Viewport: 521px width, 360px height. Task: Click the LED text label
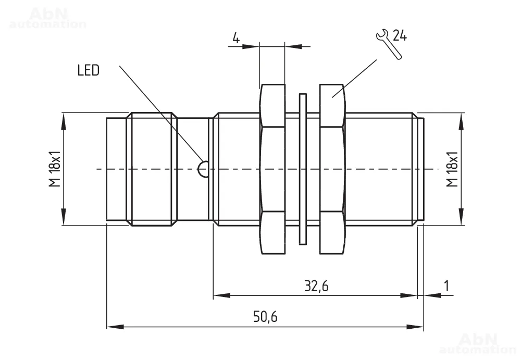click(x=88, y=70)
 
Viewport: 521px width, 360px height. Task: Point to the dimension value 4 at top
click(x=235, y=39)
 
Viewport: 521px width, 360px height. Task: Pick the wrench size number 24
click(x=400, y=36)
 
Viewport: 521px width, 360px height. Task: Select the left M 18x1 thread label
click(x=55, y=169)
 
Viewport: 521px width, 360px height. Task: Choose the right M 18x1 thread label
click(x=452, y=169)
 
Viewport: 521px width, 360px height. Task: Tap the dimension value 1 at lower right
click(x=446, y=285)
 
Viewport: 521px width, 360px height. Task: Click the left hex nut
click(x=272, y=169)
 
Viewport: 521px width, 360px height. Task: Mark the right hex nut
click(x=332, y=169)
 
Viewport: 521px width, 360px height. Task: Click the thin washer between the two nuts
click(x=302, y=169)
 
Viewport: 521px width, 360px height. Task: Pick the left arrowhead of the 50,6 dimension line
click(x=115, y=327)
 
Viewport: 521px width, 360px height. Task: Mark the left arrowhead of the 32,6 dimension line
click(x=221, y=295)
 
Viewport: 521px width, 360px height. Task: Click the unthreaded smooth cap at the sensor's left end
click(x=116, y=169)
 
